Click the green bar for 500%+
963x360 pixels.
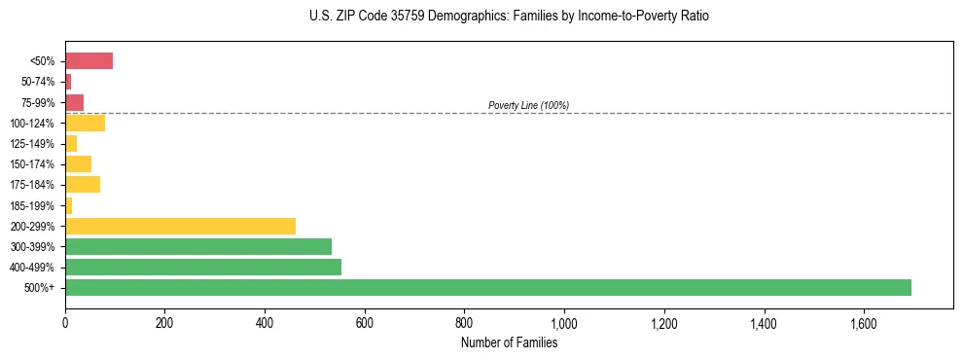tap(487, 287)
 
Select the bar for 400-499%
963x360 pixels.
tap(203, 267)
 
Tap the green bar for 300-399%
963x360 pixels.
tap(198, 246)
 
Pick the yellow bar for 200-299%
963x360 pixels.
tap(180, 226)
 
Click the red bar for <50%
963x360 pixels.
tap(89, 61)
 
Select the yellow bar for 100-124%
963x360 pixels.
tap(85, 123)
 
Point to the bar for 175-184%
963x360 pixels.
tap(83, 185)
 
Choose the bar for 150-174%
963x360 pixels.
tap(78, 163)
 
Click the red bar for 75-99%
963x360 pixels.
tap(74, 102)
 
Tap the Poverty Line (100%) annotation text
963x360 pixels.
tap(528, 105)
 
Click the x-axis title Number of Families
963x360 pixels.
tap(509, 342)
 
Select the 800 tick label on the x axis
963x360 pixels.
tap(464, 322)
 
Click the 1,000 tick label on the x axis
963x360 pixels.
tap(564, 322)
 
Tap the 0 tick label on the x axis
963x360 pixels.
tap(65, 322)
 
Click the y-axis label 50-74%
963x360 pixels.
tap(36, 82)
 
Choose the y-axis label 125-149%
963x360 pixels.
tap(32, 144)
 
